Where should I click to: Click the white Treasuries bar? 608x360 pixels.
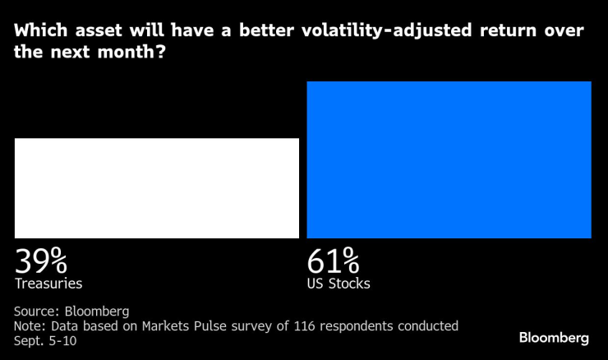click(156, 188)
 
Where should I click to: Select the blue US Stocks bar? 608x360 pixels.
click(449, 159)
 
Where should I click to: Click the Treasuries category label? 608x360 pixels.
click(48, 284)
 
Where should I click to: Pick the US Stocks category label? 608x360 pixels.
click(339, 284)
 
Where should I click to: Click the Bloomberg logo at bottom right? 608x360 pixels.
click(554, 338)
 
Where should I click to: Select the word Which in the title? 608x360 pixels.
click(42, 32)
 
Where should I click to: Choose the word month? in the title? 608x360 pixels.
click(137, 52)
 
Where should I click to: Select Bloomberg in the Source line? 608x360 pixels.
click(98, 312)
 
